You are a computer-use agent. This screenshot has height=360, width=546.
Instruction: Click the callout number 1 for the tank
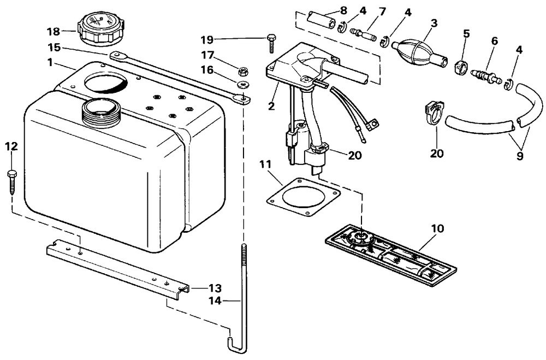(x=50, y=63)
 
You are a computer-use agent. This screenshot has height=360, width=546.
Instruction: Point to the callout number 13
(x=200, y=288)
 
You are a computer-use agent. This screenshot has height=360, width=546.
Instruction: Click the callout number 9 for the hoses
(x=520, y=155)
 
